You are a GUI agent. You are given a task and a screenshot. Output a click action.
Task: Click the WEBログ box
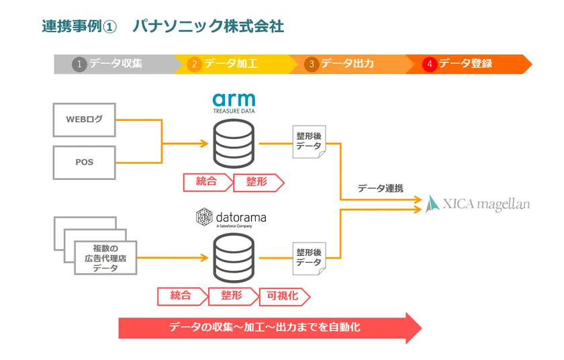point(84,120)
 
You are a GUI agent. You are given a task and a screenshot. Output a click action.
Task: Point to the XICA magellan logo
point(477,202)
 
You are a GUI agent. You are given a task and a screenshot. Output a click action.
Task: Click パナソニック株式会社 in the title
point(207,26)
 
